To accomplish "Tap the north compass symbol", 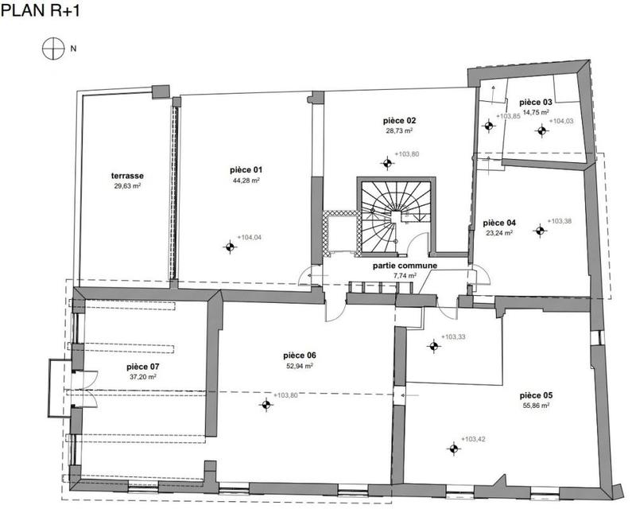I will click(x=52, y=49).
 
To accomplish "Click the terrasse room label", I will click(x=127, y=176).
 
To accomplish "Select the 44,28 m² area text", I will click(x=246, y=181).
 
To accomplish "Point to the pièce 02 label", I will click(x=399, y=121).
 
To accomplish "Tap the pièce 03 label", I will click(x=535, y=103).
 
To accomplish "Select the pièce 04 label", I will click(x=499, y=223).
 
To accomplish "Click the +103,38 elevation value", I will click(x=560, y=220).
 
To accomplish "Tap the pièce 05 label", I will click(x=536, y=395).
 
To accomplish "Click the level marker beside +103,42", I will click(x=454, y=449).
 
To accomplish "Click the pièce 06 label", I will click(x=300, y=356).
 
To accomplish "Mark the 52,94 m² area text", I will click(x=300, y=366).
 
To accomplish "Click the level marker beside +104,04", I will click(x=229, y=247).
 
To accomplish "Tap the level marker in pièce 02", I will click(x=387, y=164).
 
